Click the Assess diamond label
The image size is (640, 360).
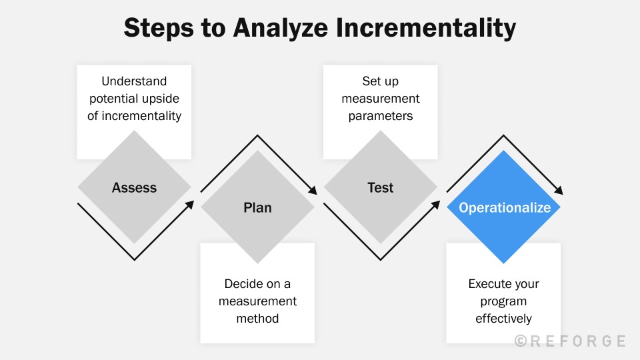tap(134, 187)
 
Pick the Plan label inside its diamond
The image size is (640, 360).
tap(257, 207)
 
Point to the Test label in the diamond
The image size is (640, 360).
tap(381, 187)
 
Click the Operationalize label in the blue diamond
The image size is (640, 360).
tap(505, 207)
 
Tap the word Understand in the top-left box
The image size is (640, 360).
tap(134, 81)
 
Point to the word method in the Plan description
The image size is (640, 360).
tap(257, 318)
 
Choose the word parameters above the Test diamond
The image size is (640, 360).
tap(381, 115)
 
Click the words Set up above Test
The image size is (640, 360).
tap(381, 81)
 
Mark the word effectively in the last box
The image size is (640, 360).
tap(504, 318)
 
